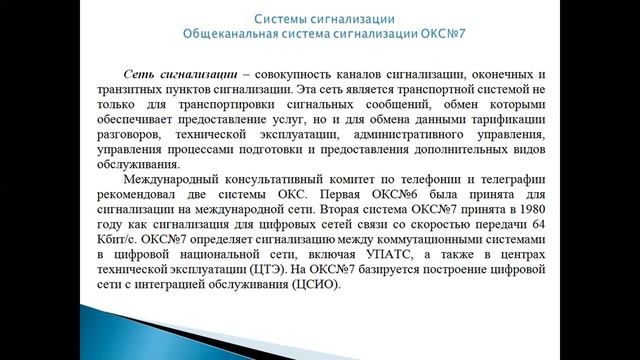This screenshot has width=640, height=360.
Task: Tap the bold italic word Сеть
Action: [x=140, y=75]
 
